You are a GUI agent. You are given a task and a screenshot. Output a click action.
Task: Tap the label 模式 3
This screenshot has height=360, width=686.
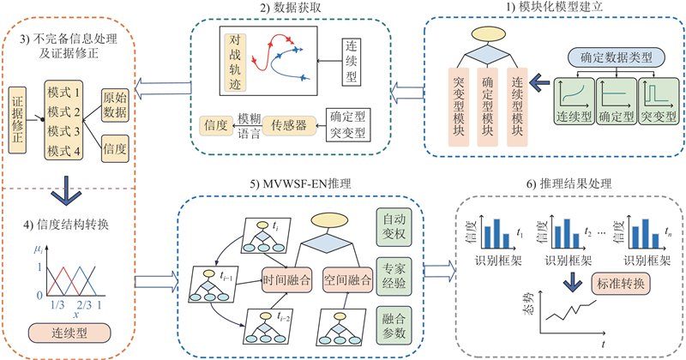pyautogui.click(x=65, y=131)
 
